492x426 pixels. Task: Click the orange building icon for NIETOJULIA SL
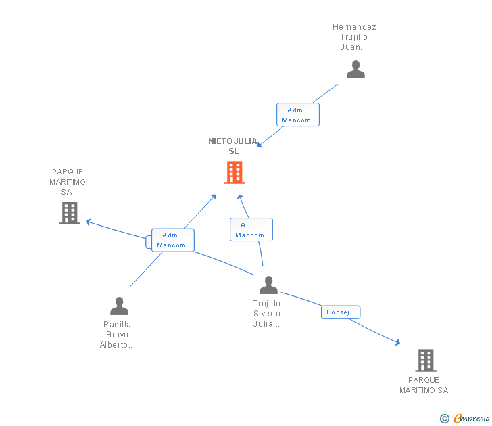click(234, 172)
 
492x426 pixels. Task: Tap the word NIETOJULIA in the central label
click(233, 141)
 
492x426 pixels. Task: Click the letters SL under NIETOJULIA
click(234, 151)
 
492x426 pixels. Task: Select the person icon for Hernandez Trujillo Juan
click(355, 69)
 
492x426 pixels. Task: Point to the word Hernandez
click(354, 27)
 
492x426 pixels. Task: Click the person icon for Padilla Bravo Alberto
click(119, 306)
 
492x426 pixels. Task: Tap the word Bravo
click(118, 335)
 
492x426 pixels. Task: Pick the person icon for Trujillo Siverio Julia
click(268, 285)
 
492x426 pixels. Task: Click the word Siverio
click(267, 314)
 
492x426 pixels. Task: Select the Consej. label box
click(341, 312)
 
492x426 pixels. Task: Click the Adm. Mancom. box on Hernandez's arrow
click(297, 115)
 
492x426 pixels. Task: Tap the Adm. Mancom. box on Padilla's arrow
click(173, 240)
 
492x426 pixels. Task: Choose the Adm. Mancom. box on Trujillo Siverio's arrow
click(251, 230)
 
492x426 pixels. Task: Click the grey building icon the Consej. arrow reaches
click(425, 360)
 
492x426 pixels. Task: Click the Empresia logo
click(471, 419)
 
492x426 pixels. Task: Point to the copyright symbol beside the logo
click(445, 419)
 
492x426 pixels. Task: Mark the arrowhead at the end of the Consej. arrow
click(397, 343)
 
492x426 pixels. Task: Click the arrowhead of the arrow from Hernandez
click(261, 145)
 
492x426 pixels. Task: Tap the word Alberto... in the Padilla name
click(118, 345)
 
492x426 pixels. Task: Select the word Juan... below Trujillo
click(354, 48)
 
